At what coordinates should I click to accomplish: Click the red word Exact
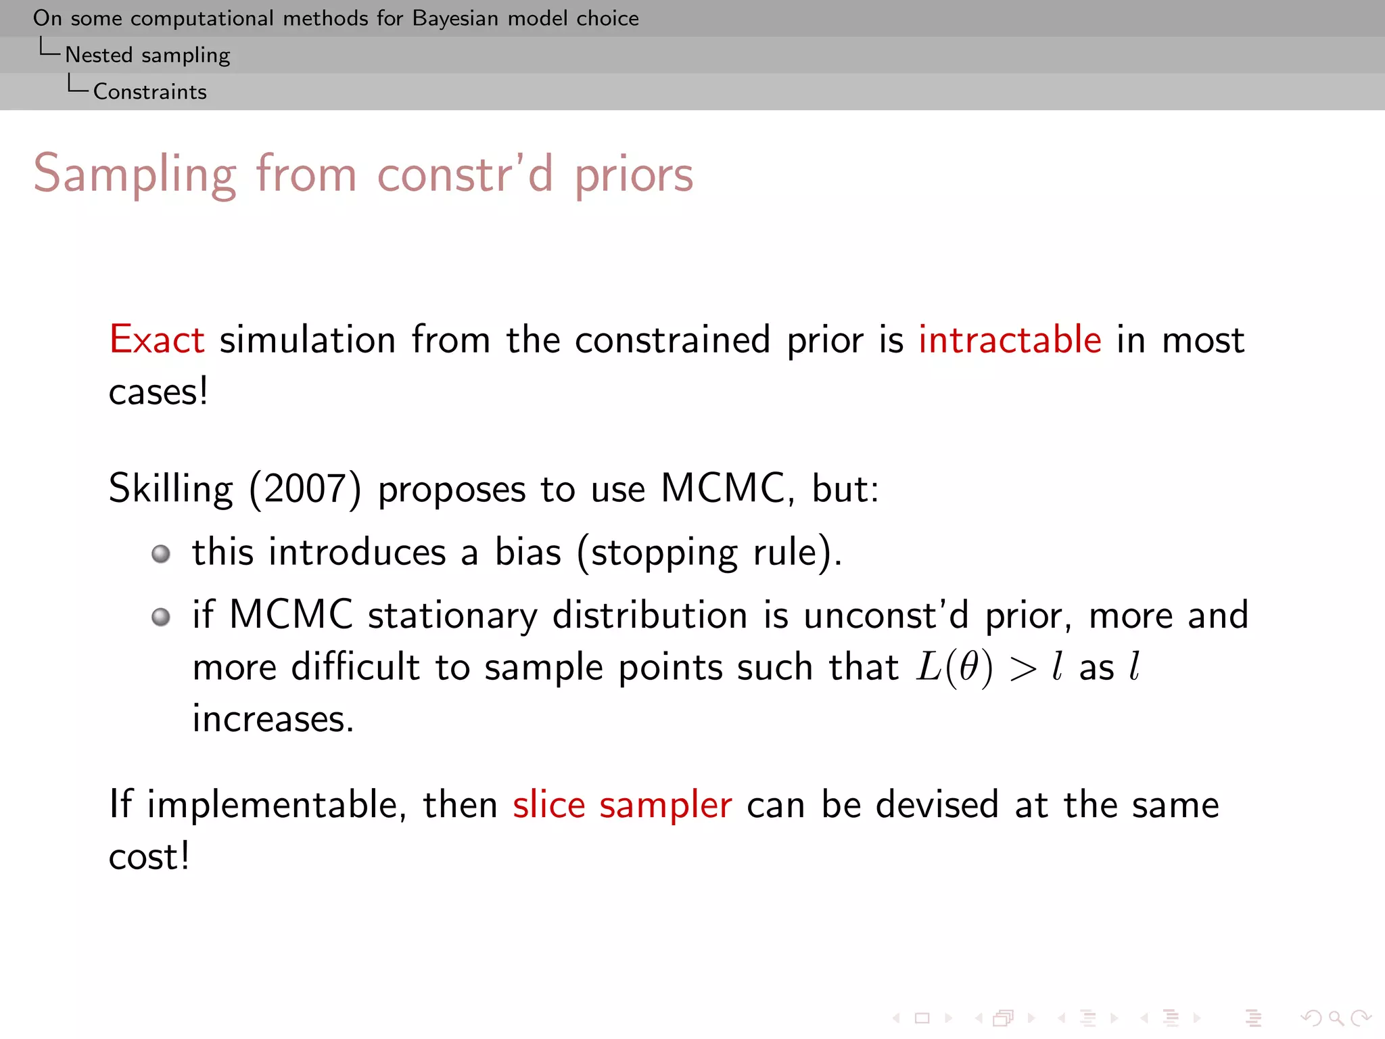point(157,340)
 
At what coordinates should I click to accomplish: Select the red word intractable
point(1010,340)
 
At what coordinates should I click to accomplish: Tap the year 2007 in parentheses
point(305,489)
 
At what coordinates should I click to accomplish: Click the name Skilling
point(171,489)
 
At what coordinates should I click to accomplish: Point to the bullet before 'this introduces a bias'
point(161,554)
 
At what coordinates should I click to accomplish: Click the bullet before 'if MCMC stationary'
point(161,617)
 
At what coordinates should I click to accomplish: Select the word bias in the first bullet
point(528,552)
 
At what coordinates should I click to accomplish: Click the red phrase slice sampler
point(622,806)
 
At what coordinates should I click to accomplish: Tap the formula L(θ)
point(954,668)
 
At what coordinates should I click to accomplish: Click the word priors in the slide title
point(634,175)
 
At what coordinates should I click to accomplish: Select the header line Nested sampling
point(147,55)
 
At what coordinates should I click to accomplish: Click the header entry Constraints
point(150,92)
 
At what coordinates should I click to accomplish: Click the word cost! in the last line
point(149,857)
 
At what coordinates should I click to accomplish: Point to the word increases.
point(273,719)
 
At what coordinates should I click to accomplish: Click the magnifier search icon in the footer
point(1336,1018)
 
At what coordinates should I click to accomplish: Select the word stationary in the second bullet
point(452,616)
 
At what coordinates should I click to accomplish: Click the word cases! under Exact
point(158,392)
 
